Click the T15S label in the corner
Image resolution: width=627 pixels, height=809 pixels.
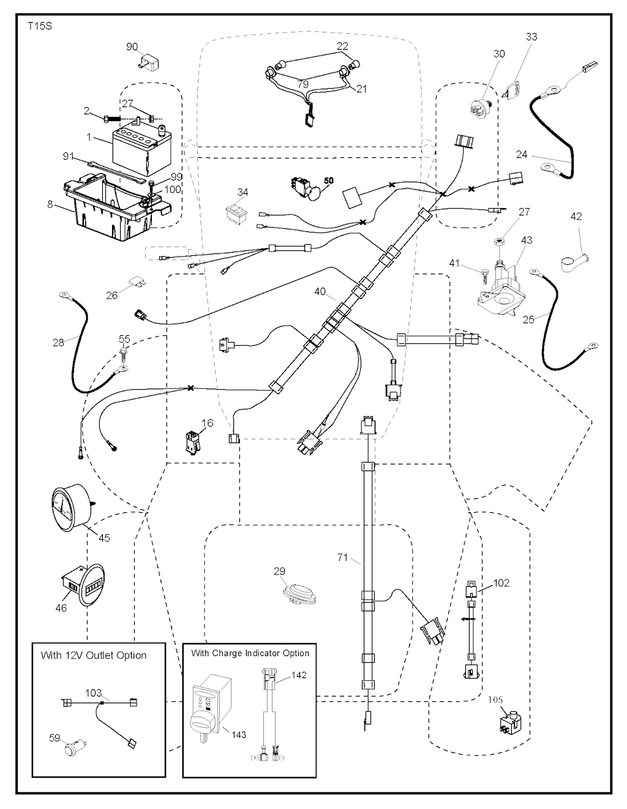tap(39, 28)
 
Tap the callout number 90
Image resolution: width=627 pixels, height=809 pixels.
tap(132, 47)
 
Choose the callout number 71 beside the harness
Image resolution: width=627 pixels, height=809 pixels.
tap(342, 557)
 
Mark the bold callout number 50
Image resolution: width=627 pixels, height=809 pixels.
tap(329, 181)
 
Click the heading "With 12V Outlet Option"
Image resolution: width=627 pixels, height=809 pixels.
tap(94, 655)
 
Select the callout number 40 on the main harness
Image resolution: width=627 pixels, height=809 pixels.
tap(320, 292)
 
